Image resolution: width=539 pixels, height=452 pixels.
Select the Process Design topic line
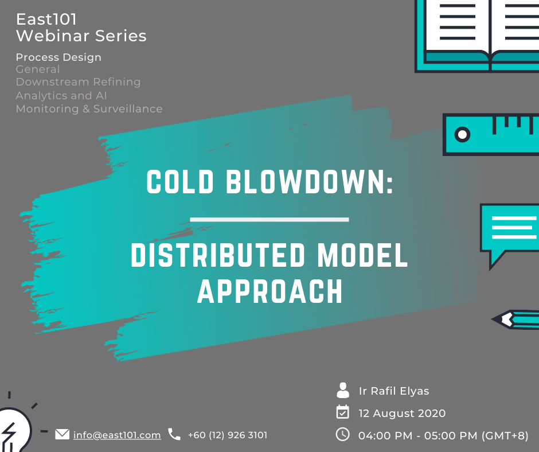[58, 57]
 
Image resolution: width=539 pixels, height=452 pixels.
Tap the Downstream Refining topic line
[78, 82]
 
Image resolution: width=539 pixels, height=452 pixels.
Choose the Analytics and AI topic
[61, 95]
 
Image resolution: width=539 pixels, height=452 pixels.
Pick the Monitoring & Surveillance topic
[89, 109]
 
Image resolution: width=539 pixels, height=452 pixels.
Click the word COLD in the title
[180, 181]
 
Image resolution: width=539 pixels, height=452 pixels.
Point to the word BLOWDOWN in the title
[310, 181]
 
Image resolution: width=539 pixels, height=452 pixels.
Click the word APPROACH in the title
[270, 291]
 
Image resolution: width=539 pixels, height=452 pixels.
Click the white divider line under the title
[269, 220]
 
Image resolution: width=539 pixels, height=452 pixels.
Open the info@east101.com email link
[117, 435]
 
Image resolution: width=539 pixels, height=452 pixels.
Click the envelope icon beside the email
[63, 434]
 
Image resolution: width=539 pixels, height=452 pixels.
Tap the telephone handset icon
[174, 434]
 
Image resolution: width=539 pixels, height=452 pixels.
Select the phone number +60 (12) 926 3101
[228, 435]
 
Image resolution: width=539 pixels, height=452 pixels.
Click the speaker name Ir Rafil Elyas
[394, 391]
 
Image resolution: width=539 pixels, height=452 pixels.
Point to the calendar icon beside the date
[343, 412]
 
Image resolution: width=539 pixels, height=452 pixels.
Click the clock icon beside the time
[343, 434]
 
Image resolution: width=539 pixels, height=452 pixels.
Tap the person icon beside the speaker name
[343, 390]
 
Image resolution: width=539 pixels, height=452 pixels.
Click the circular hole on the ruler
[462, 134]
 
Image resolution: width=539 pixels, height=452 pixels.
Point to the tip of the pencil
[492, 319]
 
